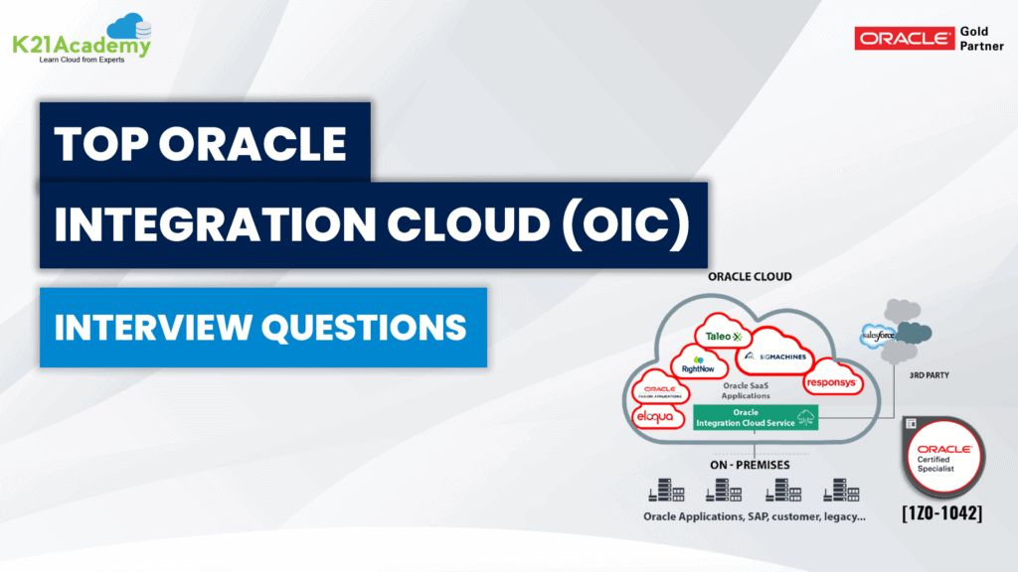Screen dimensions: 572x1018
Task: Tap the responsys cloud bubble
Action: [x=830, y=380]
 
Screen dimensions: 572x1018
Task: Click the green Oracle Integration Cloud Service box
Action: [x=756, y=417]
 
